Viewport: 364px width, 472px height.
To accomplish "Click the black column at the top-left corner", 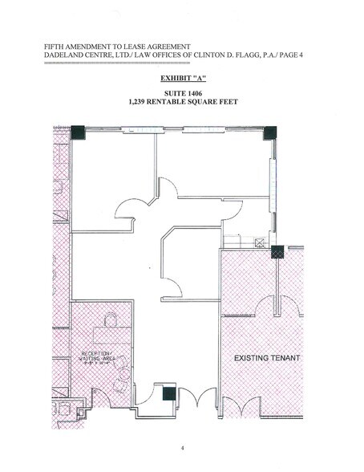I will pos(77,132).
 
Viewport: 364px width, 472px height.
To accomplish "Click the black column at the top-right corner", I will pos(269,132).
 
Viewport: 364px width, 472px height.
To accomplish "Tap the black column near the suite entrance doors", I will pos(168,393).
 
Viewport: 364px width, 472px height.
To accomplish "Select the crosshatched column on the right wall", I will pos(277,252).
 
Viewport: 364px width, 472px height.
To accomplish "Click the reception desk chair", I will pos(111,322).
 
